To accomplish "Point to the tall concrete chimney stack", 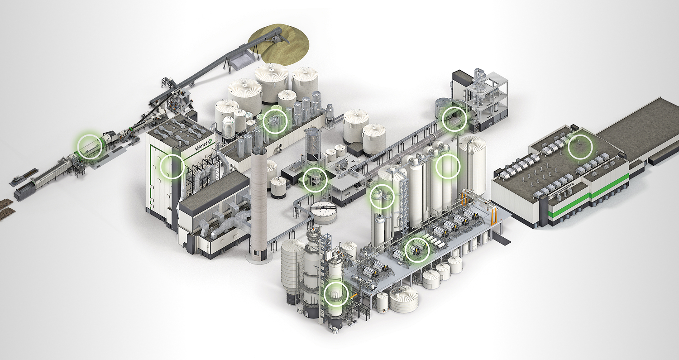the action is click(x=258, y=204).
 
